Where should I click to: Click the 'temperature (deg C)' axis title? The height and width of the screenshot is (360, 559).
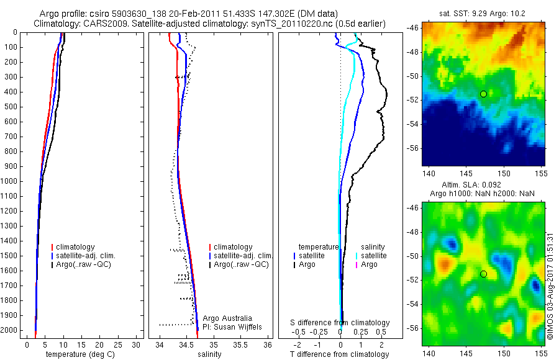(x=80, y=354)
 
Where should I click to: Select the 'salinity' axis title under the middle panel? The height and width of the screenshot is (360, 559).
(x=209, y=354)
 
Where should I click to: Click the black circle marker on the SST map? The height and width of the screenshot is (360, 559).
(x=483, y=94)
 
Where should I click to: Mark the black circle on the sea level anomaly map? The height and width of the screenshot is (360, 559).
(x=483, y=274)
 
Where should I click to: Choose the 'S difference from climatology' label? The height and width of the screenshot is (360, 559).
(x=340, y=323)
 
